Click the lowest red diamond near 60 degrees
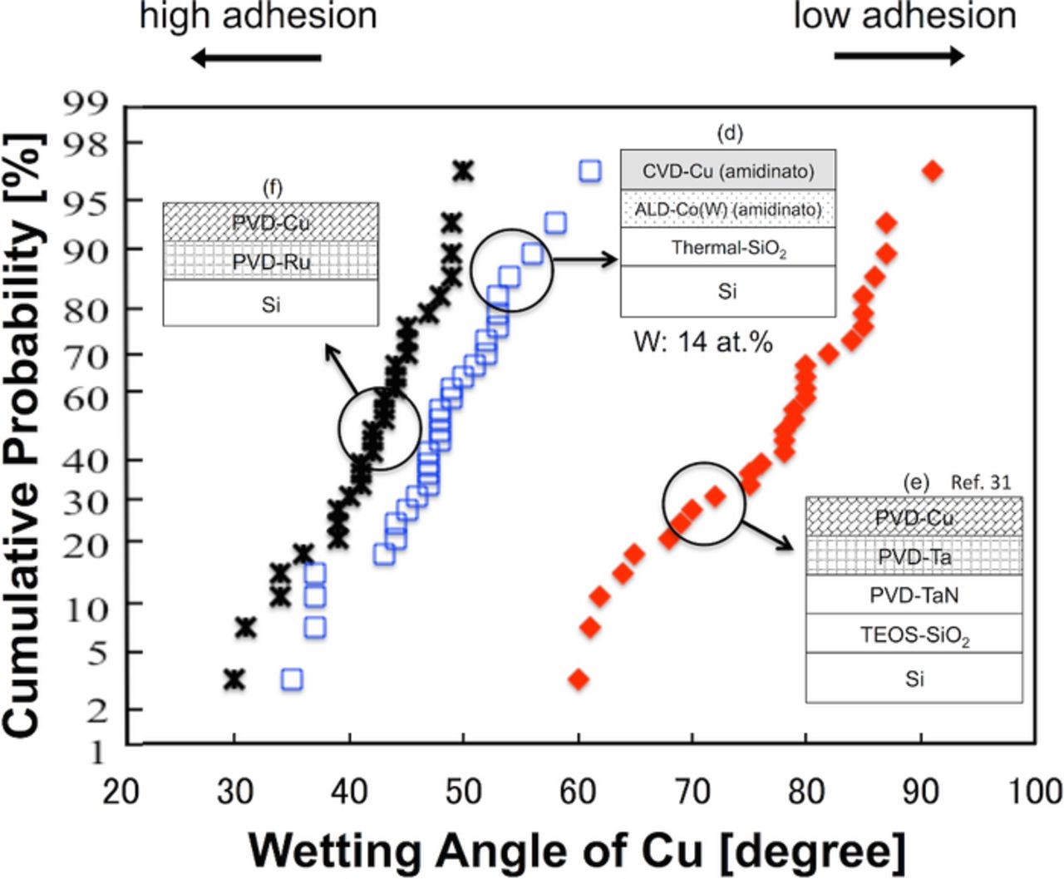tap(579, 679)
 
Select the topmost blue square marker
tap(589, 171)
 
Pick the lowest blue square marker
tap(291, 679)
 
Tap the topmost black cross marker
tap(463, 171)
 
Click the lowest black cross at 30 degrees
tap(234, 679)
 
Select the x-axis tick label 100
tap(1034, 791)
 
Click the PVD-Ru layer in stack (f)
tap(271, 262)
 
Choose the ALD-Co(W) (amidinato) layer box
tap(727, 210)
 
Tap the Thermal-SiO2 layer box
tap(727, 248)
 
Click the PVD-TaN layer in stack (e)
tap(914, 595)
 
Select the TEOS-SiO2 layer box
tap(914, 635)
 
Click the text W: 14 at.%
tap(703, 342)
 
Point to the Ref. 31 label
tap(981, 482)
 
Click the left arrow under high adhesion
tap(255, 57)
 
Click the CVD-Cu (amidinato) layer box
tap(727, 171)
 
